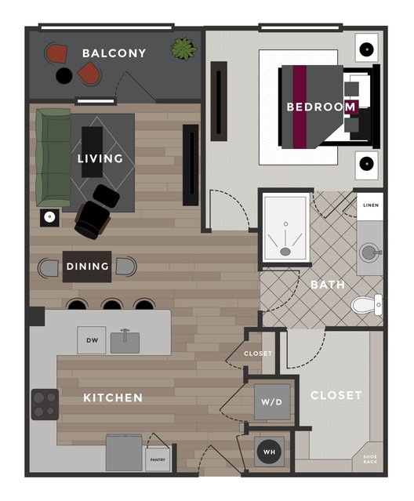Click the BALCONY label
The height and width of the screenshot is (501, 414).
pyautogui.click(x=114, y=53)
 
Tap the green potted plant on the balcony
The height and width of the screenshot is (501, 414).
pyautogui.click(x=183, y=49)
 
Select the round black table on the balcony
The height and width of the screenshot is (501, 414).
pyautogui.click(x=64, y=76)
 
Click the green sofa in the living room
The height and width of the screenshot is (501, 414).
pyautogui.click(x=53, y=158)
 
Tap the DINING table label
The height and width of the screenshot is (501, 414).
pyautogui.click(x=87, y=266)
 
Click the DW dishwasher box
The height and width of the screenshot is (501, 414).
pyautogui.click(x=92, y=340)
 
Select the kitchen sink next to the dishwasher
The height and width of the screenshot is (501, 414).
pyautogui.click(x=125, y=342)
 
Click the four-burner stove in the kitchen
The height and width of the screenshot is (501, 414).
pyautogui.click(x=45, y=405)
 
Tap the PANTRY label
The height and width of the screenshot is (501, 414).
pyautogui.click(x=158, y=459)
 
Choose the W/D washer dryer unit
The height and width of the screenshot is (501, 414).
pyautogui.click(x=272, y=402)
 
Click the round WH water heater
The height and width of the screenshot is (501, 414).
pyautogui.click(x=269, y=452)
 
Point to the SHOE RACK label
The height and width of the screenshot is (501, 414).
pyautogui.click(x=370, y=459)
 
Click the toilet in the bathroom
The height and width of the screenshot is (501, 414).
pyautogui.click(x=367, y=305)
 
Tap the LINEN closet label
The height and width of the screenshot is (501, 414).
pyautogui.click(x=371, y=205)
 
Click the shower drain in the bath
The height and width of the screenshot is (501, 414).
pyautogui.click(x=285, y=252)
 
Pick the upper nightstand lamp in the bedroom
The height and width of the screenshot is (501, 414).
pyautogui.click(x=367, y=49)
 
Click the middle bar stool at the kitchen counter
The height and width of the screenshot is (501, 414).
pyautogui.click(x=112, y=304)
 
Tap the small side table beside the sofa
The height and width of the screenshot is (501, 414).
pyautogui.click(x=49, y=218)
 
